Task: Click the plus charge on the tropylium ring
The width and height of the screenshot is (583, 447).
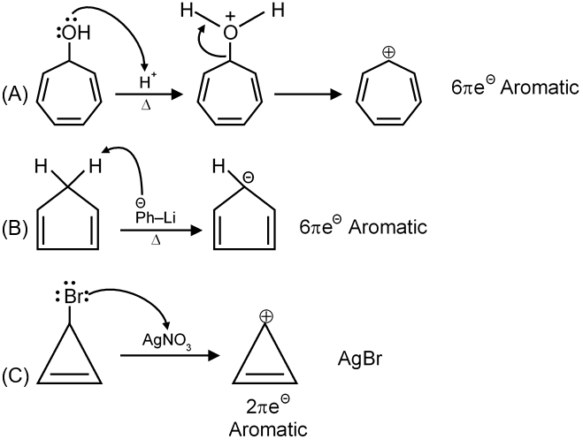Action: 387,52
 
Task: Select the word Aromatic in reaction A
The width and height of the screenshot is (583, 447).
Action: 528,87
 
